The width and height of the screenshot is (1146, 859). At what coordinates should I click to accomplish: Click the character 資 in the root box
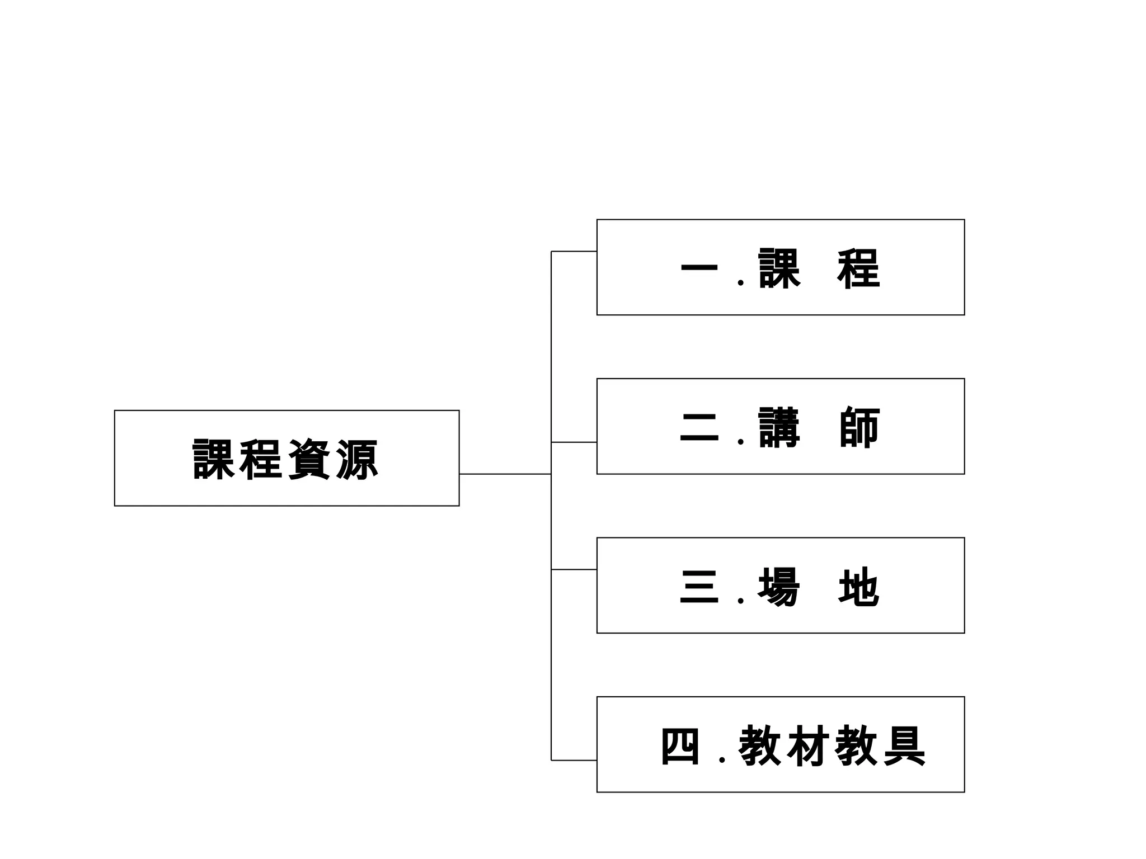tap(309, 460)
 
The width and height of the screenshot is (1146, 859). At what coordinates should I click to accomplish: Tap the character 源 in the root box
tap(357, 460)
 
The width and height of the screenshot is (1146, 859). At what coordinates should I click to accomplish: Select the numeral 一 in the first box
tap(699, 269)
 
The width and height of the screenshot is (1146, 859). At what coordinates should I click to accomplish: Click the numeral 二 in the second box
tap(699, 428)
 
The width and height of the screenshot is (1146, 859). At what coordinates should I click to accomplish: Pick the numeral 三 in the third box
tap(699, 587)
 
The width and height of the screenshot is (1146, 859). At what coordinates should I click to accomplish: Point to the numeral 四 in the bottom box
tap(680, 746)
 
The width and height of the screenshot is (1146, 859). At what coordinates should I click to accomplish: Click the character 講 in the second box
tap(779, 428)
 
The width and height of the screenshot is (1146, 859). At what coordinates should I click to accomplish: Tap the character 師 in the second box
tap(859, 428)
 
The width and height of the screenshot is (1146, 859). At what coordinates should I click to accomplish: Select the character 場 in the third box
tap(779, 587)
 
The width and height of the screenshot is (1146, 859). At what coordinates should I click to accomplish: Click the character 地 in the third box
tap(859, 587)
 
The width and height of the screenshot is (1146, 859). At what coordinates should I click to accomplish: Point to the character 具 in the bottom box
tap(904, 746)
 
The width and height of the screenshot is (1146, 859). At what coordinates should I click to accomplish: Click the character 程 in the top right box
tap(859, 269)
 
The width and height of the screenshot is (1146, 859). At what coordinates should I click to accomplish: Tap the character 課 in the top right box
tap(779, 269)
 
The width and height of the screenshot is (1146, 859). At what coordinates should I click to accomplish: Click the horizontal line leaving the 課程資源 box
tap(505, 474)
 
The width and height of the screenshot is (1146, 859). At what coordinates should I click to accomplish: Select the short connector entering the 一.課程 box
tap(574, 252)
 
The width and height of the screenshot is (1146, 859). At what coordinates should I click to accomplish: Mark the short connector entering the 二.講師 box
tap(574, 442)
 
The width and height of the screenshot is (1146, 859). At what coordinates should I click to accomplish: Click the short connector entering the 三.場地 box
tap(574, 569)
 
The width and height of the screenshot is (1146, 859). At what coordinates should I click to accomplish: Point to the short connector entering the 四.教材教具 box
tap(574, 761)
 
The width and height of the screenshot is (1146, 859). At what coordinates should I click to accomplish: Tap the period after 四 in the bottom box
tap(722, 760)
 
